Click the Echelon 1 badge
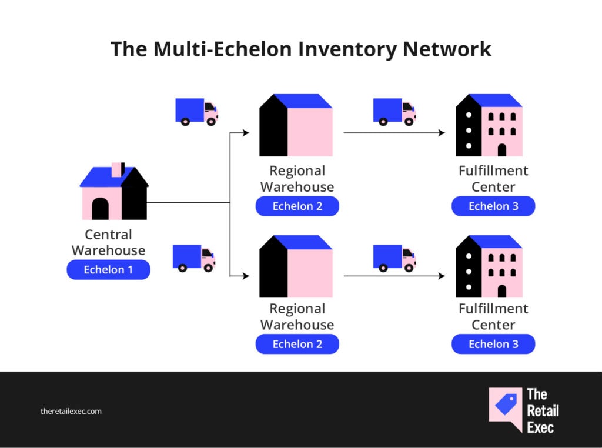coord(108,269)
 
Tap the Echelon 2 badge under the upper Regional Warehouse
coord(297,206)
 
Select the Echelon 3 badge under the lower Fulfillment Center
coord(493,344)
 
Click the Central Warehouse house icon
coord(114,191)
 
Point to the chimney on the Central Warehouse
coord(118,170)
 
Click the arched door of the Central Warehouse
coord(100,209)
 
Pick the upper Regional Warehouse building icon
coord(296,125)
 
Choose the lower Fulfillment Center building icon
coord(489,266)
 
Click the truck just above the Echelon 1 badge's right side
coord(194,258)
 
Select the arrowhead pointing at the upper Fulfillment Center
coord(442,133)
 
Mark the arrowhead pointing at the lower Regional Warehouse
coord(246,276)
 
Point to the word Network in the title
coord(447,49)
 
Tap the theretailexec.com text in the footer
coord(71,411)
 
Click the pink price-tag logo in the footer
coord(506,408)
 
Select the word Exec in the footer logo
coord(540,427)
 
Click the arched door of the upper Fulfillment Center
coord(502,150)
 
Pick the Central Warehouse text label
coord(108,242)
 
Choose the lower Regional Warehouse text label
coord(297,317)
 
